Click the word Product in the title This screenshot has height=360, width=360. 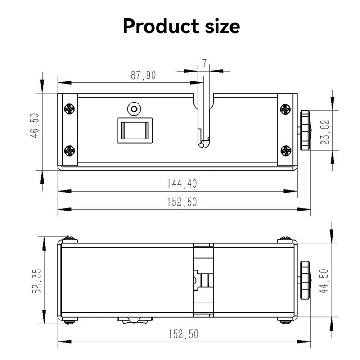point(161,26)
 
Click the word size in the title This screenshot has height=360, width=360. point(222,26)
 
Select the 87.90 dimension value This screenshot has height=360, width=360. point(143,75)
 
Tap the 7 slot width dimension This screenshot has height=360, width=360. point(204,63)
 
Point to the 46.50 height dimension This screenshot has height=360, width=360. point(35,126)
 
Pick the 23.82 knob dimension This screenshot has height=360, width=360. point(325,132)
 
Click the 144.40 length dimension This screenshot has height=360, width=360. point(182,184)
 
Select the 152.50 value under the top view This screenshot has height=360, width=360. point(182,202)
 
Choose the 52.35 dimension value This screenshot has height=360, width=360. point(37,281)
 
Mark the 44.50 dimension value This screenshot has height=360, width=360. point(324,281)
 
